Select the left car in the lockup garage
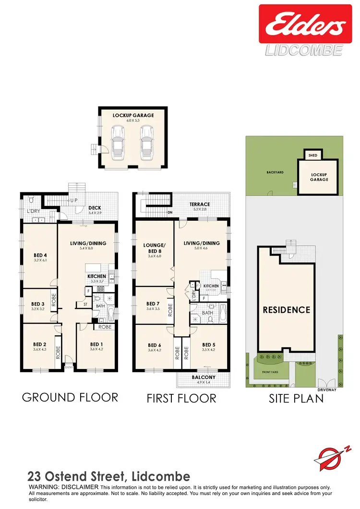pyautogui.click(x=118, y=143)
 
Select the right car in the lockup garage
pyautogui.click(x=146, y=143)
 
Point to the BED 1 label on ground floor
pyautogui.click(x=96, y=344)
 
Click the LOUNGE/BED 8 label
pyautogui.click(x=154, y=247)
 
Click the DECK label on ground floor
pyautogui.click(x=94, y=208)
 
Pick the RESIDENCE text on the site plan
pyautogui.click(x=287, y=310)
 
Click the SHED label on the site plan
pyautogui.click(x=313, y=155)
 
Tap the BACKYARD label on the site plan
pyautogui.click(x=275, y=172)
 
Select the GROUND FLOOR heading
pyautogui.click(x=70, y=397)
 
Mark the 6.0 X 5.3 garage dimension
pyautogui.click(x=133, y=121)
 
